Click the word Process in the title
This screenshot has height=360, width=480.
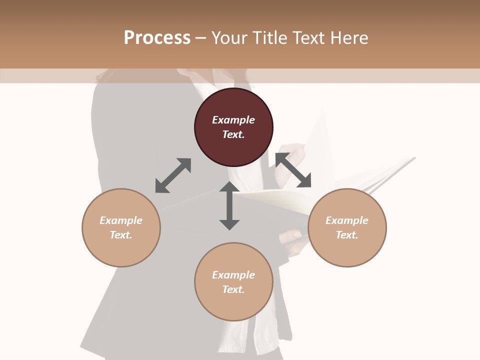[x=157, y=38]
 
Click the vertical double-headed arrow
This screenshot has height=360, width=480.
[x=229, y=205]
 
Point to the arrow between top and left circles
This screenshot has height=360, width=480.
[x=173, y=175]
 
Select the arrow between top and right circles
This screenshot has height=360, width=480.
[x=293, y=170]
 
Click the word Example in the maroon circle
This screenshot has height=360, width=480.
[x=233, y=120]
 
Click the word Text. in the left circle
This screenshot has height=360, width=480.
[x=121, y=235]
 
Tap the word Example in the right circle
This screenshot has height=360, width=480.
[x=347, y=220]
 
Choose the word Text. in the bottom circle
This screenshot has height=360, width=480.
[x=233, y=289]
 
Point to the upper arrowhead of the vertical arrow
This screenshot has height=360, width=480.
[x=229, y=187]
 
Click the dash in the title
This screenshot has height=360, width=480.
[x=201, y=38]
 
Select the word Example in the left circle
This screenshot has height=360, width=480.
[x=121, y=220]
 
